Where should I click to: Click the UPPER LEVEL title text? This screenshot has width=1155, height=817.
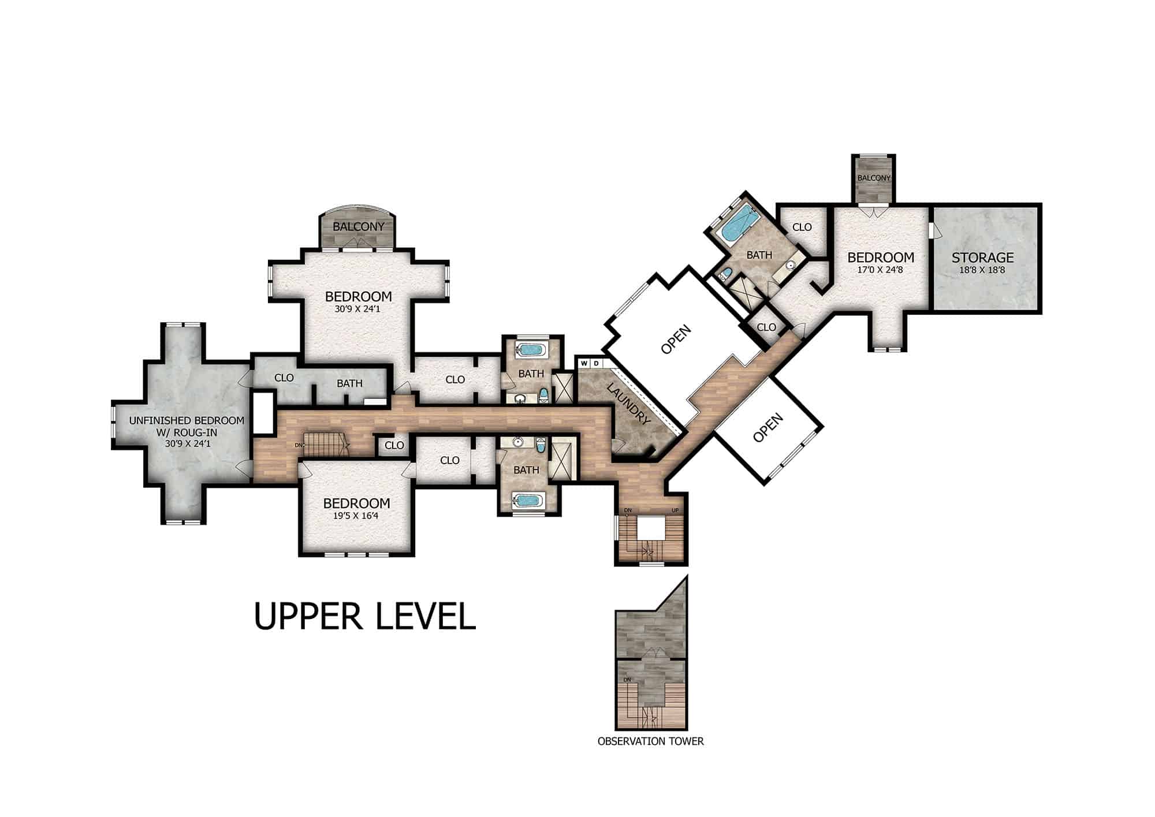(x=365, y=616)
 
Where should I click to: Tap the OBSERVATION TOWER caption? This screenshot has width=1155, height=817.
(x=651, y=741)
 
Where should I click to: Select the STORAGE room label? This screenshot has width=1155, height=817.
(x=983, y=258)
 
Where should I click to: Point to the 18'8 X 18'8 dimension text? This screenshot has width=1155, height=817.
(x=983, y=270)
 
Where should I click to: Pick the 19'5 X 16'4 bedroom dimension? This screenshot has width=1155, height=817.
(x=356, y=516)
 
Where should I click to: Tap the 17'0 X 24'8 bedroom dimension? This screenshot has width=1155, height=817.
(x=880, y=270)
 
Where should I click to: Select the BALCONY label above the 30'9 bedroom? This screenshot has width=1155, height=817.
(x=358, y=227)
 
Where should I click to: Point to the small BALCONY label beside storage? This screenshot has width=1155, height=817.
(x=874, y=178)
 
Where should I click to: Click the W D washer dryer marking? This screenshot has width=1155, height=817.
(x=590, y=363)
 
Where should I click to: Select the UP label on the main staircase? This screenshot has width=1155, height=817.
(x=675, y=510)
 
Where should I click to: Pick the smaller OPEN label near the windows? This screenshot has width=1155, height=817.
(x=768, y=427)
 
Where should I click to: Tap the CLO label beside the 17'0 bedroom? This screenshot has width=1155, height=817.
(x=802, y=227)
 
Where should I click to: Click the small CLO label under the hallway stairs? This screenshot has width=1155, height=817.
(x=394, y=445)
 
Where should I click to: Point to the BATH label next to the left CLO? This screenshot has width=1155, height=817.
(x=350, y=383)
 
